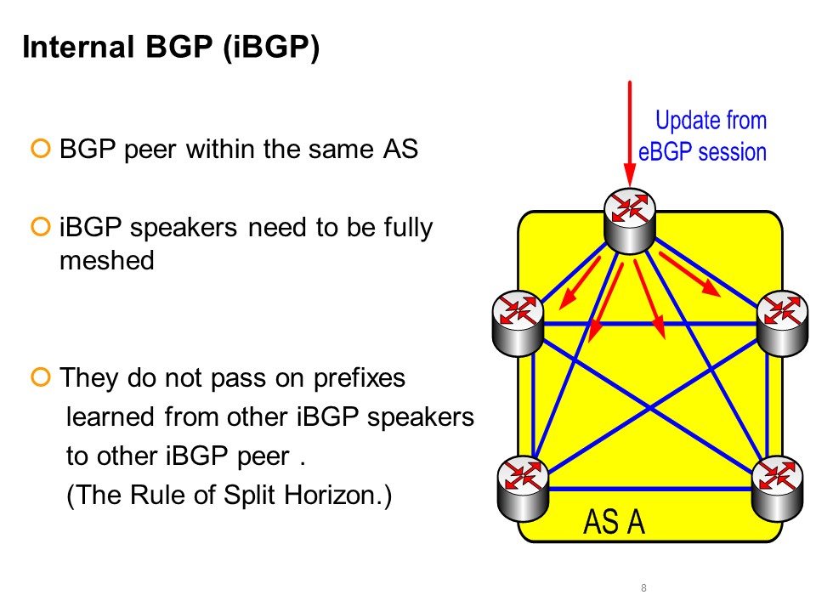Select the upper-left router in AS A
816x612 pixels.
pyautogui.click(x=518, y=320)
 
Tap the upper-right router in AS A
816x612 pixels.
pyautogui.click(x=781, y=320)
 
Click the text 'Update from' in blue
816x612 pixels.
pyautogui.click(x=711, y=121)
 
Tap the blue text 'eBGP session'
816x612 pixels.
pyautogui.click(x=703, y=151)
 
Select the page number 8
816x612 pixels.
pyautogui.click(x=643, y=588)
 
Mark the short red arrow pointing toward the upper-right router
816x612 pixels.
pyautogui.click(x=689, y=275)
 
